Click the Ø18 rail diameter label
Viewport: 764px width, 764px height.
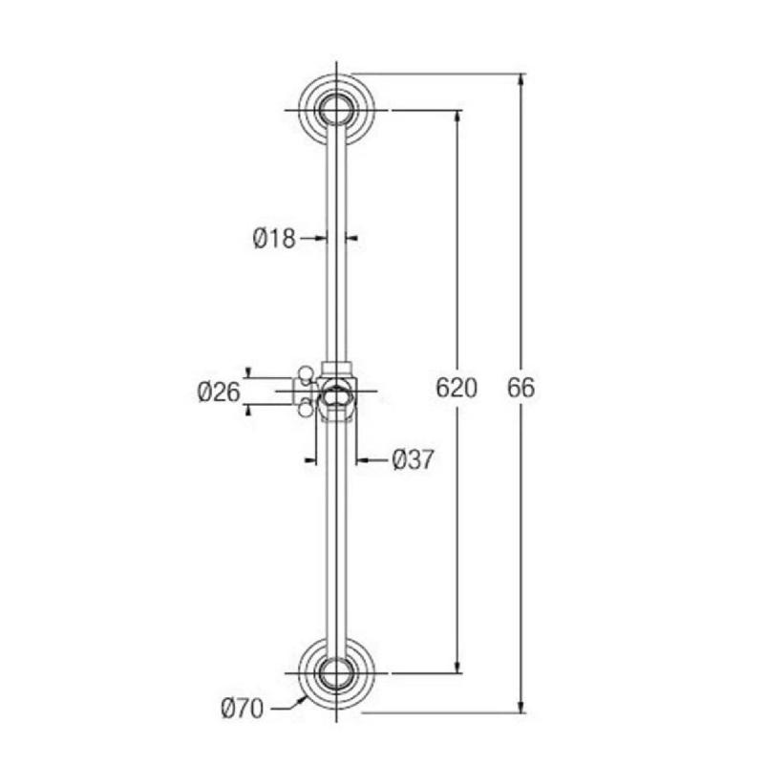(x=274, y=239)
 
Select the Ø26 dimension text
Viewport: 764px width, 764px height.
(x=219, y=392)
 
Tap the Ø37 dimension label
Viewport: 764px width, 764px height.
(x=413, y=460)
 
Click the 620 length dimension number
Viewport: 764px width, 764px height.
(x=456, y=390)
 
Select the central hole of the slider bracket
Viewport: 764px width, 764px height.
(x=335, y=392)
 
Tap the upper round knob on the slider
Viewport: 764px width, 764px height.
(x=306, y=373)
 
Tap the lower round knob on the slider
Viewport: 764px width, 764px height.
(x=306, y=410)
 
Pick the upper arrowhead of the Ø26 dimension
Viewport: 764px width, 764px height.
(x=250, y=372)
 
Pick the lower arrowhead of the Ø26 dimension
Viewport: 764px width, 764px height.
(x=250, y=410)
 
